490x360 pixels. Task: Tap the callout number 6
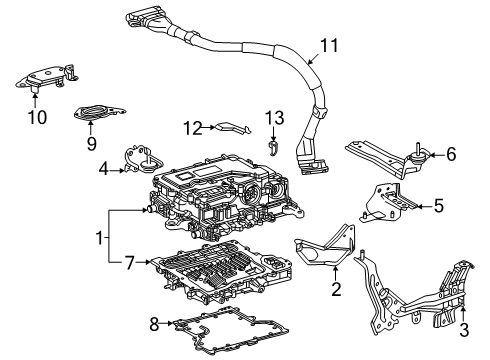tap(451, 155)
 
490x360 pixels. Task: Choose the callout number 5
tap(438, 206)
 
